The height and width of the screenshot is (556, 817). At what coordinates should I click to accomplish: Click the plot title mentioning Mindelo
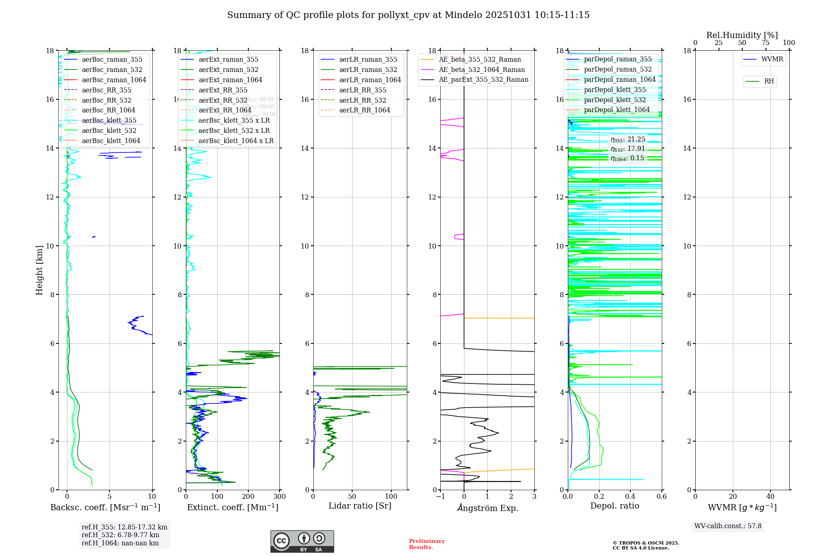(408, 15)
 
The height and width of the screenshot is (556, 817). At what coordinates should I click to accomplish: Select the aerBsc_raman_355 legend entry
(112, 60)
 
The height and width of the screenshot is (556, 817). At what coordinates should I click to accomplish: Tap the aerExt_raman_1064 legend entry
(230, 80)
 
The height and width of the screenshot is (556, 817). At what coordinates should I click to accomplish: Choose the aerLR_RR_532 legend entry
(362, 100)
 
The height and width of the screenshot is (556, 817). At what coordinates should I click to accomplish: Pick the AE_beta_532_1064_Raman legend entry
(482, 70)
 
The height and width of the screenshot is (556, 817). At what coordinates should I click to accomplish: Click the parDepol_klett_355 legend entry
(615, 90)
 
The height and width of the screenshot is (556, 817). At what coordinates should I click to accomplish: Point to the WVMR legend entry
(772, 59)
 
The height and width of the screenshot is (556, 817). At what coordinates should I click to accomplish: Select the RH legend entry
(769, 81)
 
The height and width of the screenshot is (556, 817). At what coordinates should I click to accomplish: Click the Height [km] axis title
(39, 270)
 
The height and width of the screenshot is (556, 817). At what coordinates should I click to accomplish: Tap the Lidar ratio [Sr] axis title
(360, 506)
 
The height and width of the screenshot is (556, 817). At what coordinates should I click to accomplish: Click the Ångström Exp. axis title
(487, 508)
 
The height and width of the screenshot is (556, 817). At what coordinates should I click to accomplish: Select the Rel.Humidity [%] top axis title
(742, 35)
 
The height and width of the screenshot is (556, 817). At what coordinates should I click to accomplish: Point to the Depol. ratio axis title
(614, 506)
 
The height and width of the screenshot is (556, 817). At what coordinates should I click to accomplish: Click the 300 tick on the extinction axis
(280, 497)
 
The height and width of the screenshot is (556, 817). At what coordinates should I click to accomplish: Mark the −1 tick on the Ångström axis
(440, 497)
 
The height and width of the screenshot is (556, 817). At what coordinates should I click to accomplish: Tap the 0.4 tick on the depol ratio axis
(630, 497)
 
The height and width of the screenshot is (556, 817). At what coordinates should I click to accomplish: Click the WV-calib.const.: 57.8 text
(728, 526)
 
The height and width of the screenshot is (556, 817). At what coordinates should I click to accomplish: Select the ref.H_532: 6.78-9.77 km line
(121, 535)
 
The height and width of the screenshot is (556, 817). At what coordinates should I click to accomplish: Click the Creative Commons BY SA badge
(302, 542)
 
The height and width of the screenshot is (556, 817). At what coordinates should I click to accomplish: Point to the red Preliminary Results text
(426, 544)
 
